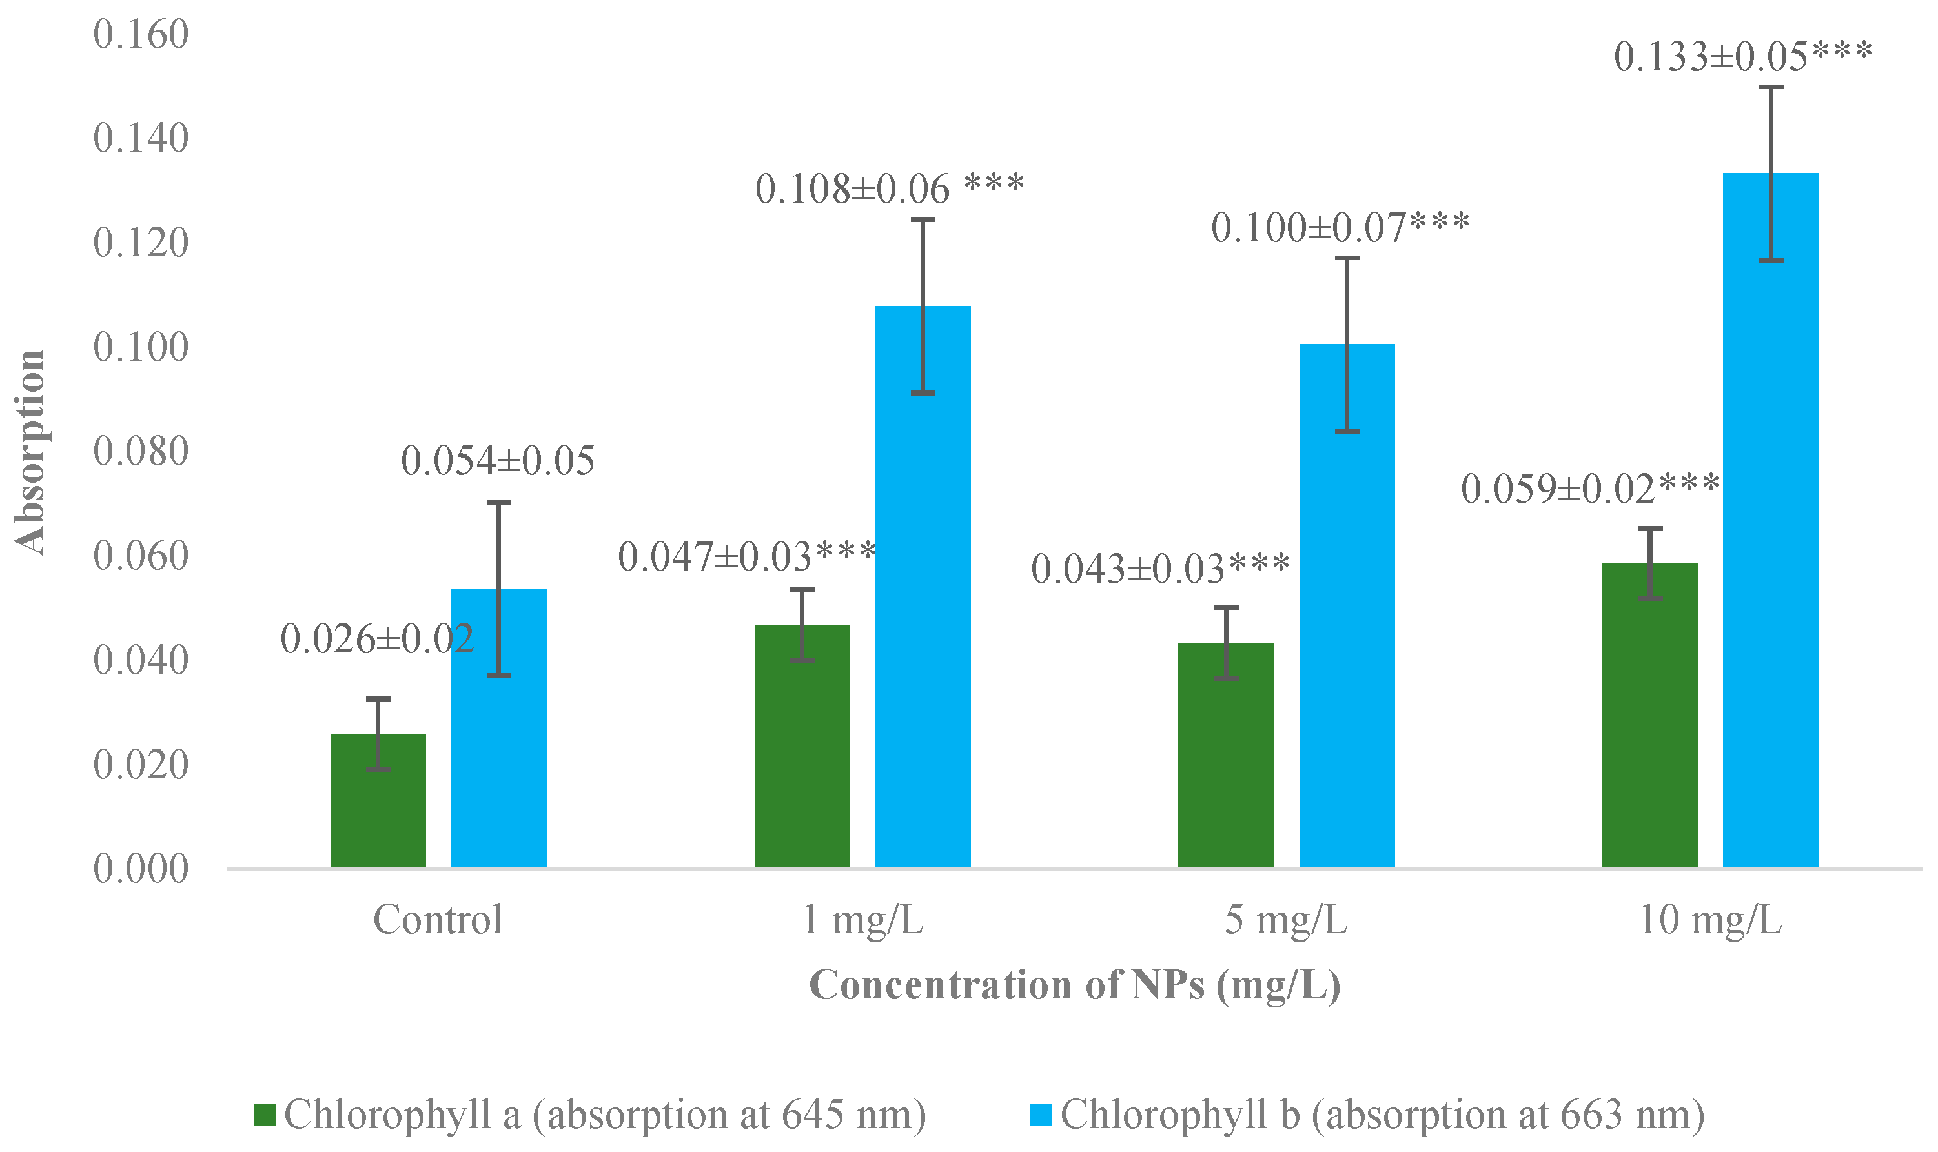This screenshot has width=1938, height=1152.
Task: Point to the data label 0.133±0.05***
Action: pyautogui.click(x=1743, y=57)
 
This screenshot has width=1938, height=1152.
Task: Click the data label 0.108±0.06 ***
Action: pyautogui.click(x=890, y=188)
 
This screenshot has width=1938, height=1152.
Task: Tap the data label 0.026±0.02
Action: pyautogui.click(x=376, y=639)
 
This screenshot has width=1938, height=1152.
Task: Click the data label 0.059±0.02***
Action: pyautogui.click(x=1590, y=489)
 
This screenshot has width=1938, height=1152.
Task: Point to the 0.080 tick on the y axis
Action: pyautogui.click(x=141, y=452)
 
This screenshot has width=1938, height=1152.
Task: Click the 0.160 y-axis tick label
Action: pyautogui.click(x=141, y=35)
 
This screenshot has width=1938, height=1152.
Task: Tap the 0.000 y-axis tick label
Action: pyautogui.click(x=141, y=869)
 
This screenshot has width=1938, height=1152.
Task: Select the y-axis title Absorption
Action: pyautogui.click(x=30, y=452)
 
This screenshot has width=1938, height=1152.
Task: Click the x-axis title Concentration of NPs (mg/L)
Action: pyautogui.click(x=1075, y=985)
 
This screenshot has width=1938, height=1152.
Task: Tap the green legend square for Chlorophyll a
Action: pyautogui.click(x=265, y=1115)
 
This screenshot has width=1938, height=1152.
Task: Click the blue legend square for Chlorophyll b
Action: pyautogui.click(x=1041, y=1115)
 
